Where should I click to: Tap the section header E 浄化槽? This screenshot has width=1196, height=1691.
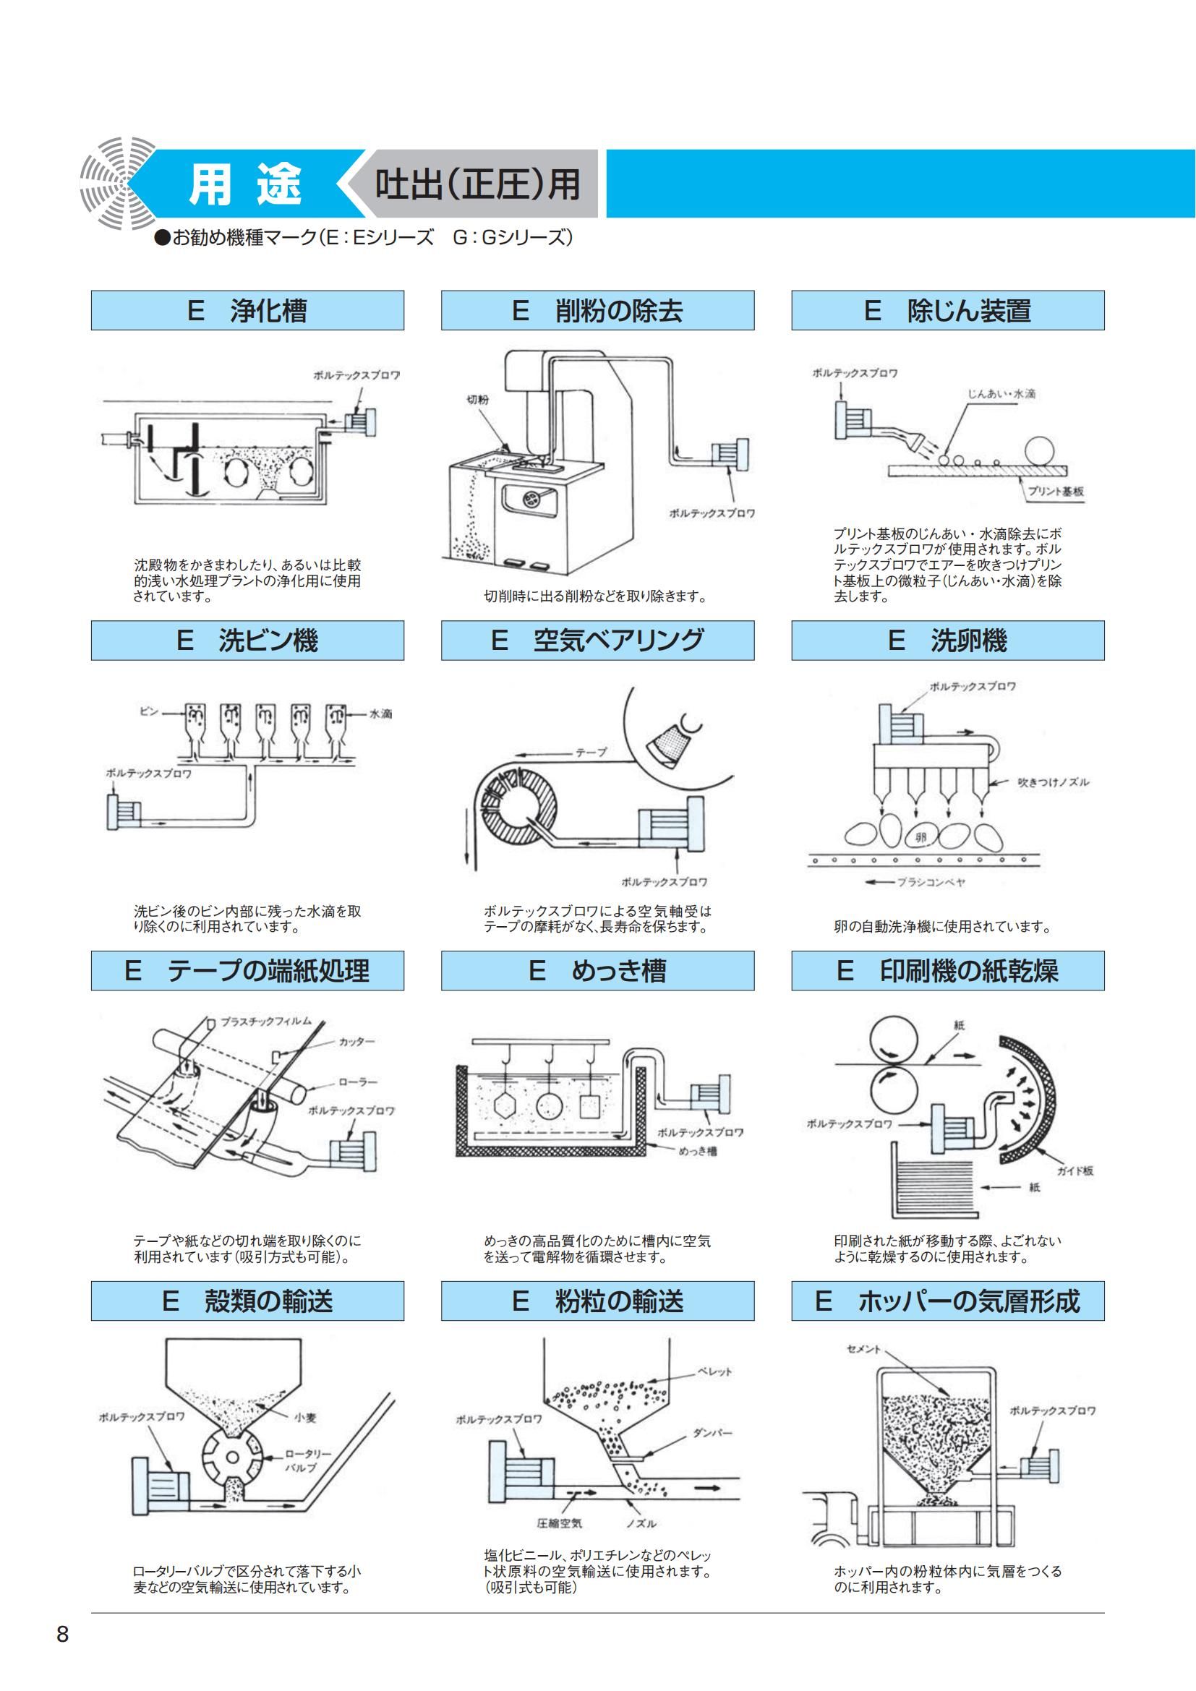247,310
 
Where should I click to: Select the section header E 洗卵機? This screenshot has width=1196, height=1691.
948,640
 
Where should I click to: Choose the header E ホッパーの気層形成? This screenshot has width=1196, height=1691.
948,1301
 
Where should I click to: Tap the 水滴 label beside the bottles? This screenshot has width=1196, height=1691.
381,714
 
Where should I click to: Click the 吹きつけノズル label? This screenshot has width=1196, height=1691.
1053,783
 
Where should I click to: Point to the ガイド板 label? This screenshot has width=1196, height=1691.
1075,1171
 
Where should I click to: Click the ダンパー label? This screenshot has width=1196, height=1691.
712,1433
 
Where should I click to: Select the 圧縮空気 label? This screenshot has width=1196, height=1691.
559,1523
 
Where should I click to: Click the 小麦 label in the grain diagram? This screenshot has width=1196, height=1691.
305,1416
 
